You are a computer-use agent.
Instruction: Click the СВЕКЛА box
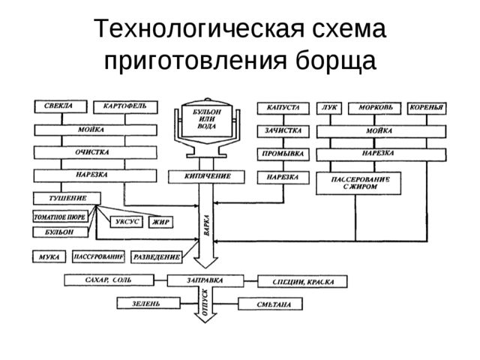pos(60,106)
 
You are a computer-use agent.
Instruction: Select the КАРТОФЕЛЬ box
pos(125,106)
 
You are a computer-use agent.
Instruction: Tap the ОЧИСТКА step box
pos(95,152)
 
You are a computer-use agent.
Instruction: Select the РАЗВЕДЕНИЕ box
pos(157,256)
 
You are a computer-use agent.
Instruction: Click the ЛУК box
pos(328,107)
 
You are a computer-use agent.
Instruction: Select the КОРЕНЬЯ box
pos(427,107)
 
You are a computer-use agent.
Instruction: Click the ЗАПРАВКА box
pos(205,280)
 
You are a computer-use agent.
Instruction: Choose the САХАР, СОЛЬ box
pos(109,280)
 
